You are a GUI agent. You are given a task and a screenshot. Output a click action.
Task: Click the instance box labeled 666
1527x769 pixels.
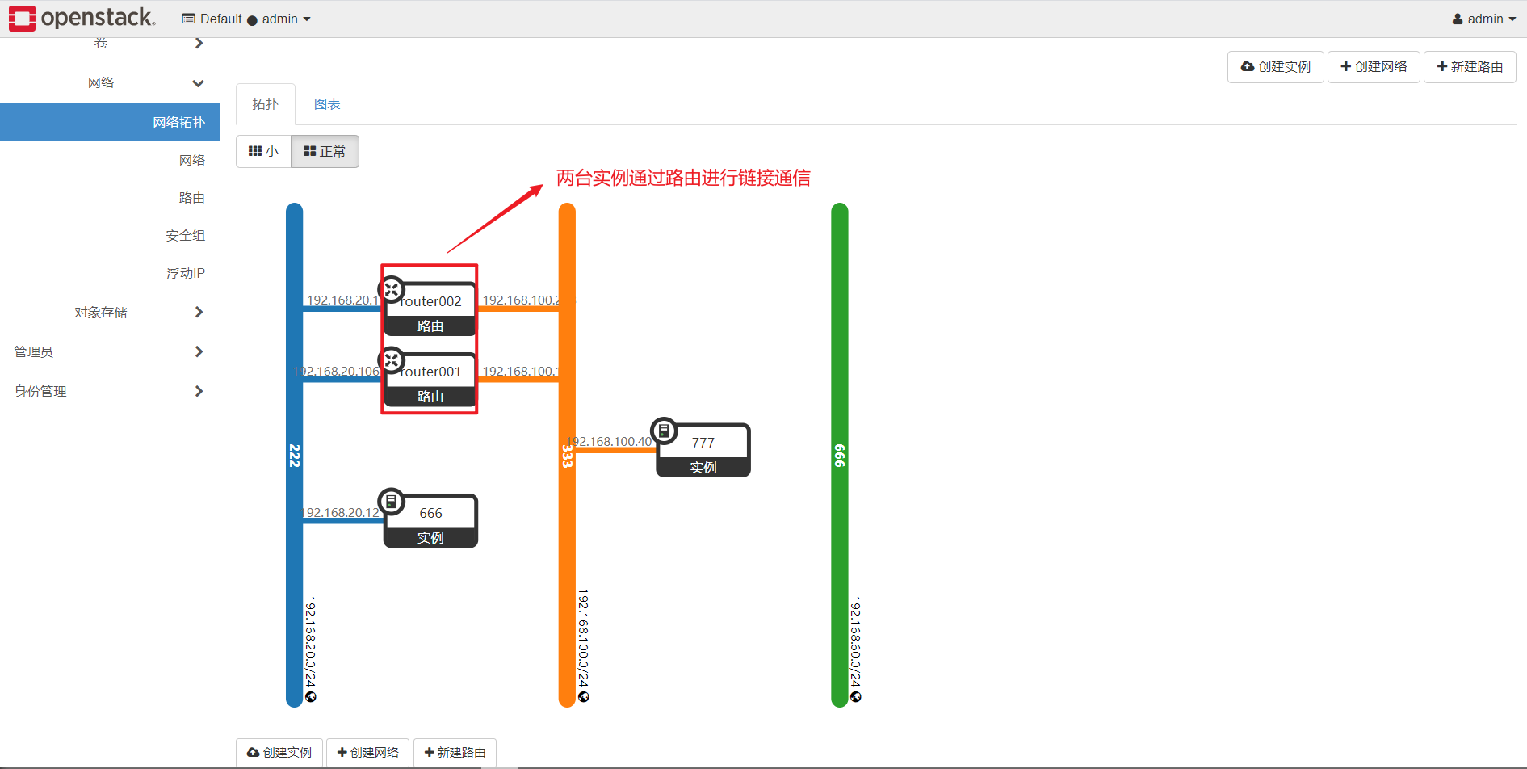[x=430, y=521]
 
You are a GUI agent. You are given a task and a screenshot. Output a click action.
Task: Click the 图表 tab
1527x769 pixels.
[x=327, y=104]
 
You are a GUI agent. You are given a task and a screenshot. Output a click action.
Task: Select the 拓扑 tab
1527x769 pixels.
[x=265, y=104]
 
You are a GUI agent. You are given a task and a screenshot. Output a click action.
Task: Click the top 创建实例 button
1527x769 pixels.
[x=1276, y=66]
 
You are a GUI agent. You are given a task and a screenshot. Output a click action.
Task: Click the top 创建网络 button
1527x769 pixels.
[x=1374, y=66]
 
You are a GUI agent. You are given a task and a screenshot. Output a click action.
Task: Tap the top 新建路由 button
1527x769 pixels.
[x=1470, y=66]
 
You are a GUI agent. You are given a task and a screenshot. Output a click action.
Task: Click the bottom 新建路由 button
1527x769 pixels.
[x=455, y=752]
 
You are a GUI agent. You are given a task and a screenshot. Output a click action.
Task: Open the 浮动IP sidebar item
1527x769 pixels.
[x=186, y=273]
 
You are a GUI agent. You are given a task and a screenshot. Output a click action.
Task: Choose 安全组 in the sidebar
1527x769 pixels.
[x=186, y=235]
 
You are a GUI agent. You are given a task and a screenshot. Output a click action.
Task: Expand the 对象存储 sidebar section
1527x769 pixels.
[x=101, y=312]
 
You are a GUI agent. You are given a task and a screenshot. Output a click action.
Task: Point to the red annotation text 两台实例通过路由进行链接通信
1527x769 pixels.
[x=683, y=178]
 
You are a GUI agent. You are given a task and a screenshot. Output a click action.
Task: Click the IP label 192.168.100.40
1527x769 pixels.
[x=610, y=441]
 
